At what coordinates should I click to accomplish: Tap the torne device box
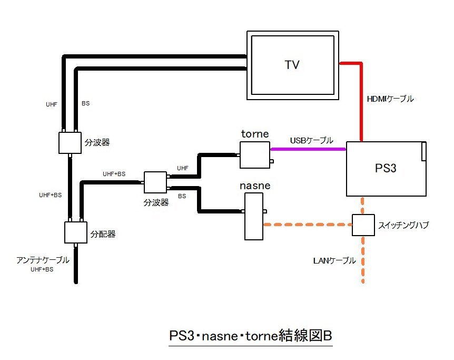(255, 155)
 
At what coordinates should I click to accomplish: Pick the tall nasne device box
(254, 216)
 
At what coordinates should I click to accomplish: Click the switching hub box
(363, 225)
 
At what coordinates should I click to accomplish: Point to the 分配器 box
(75, 232)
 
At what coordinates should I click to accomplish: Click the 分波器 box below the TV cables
(71, 142)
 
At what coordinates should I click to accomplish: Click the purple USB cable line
(308, 149)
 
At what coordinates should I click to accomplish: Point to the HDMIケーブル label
(390, 99)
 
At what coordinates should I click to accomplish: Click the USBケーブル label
(311, 141)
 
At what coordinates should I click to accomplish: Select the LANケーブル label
(334, 260)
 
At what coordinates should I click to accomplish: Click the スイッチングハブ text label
(403, 226)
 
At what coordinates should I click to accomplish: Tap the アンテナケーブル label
(42, 259)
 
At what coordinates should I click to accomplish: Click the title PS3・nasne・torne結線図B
(251, 336)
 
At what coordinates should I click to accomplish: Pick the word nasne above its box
(255, 186)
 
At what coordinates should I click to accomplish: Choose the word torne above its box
(255, 134)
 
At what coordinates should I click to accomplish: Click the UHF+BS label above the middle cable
(114, 174)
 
